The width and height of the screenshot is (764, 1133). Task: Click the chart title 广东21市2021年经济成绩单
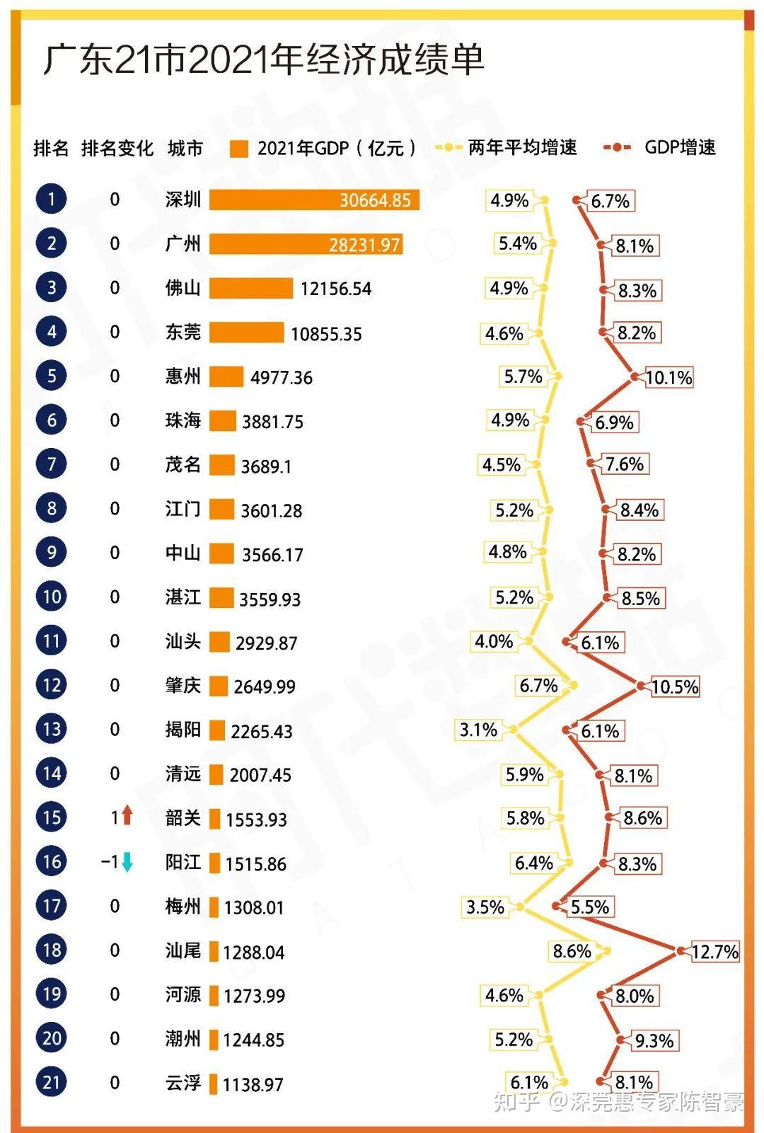tap(263, 59)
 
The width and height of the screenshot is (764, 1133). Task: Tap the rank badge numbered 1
tap(51, 200)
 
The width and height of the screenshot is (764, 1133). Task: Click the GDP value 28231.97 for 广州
tap(364, 245)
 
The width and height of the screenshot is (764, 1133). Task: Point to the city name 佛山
tap(183, 288)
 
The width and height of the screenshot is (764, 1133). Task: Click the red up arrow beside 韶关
tap(127, 815)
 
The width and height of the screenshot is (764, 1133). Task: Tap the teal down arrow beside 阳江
tap(127, 862)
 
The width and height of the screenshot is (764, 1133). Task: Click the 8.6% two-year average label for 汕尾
tap(572, 951)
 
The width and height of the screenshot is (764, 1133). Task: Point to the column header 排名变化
tap(117, 148)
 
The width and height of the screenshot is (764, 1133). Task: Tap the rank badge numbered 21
tap(51, 1082)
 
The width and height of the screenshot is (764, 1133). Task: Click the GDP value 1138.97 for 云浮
tap(253, 1084)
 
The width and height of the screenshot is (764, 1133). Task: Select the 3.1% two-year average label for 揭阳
tap(479, 730)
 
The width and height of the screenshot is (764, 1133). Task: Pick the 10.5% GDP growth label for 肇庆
tap(675, 686)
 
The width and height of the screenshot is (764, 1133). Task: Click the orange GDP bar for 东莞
tap(246, 332)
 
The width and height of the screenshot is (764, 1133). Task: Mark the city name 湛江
tap(183, 597)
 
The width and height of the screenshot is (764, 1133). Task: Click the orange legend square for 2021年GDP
tap(239, 148)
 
